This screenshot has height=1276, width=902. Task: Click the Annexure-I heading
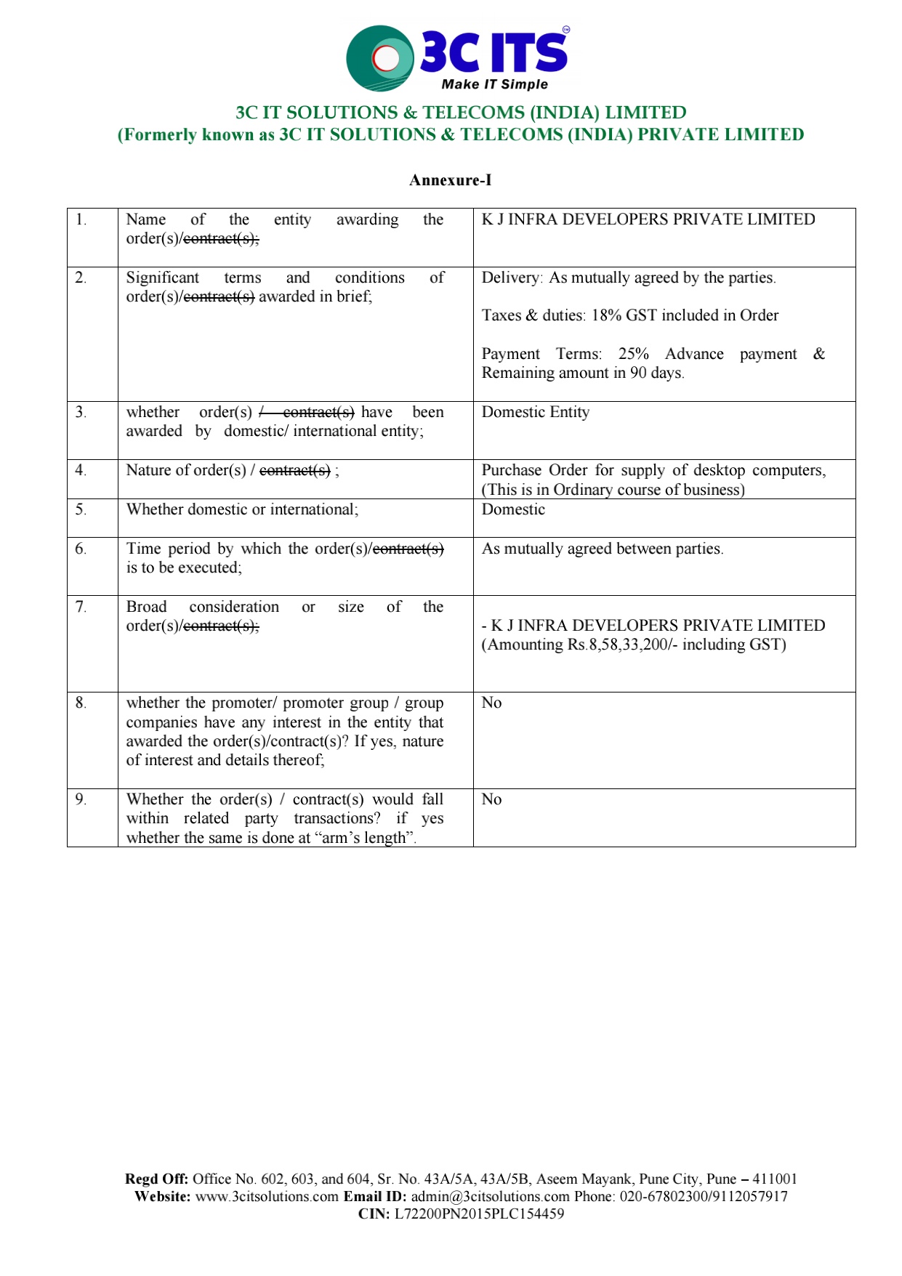coord(450,180)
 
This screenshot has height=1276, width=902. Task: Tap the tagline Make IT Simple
coord(494,84)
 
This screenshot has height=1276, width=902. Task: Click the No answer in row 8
coord(491,703)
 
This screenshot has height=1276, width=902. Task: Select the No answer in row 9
coord(491,799)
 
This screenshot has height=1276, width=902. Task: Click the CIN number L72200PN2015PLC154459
coord(479,1214)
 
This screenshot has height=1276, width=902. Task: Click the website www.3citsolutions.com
coord(267,1196)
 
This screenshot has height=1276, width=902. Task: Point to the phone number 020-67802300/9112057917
coord(703,1196)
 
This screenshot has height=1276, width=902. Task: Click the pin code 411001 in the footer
coord(774,1179)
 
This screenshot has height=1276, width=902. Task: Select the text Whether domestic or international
coord(242,509)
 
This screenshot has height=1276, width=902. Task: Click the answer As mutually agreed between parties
coord(602,549)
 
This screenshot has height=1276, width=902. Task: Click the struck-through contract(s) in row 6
coord(408,549)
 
